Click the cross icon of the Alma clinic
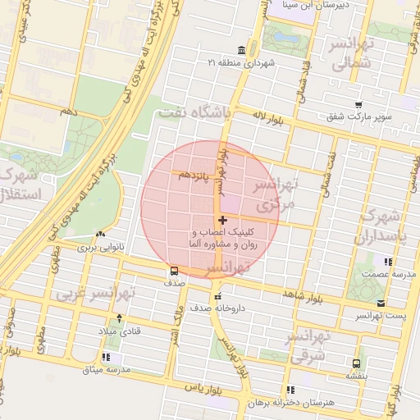click(x=222, y=220)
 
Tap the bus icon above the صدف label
click(x=174, y=272)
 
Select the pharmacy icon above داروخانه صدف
click(x=217, y=297)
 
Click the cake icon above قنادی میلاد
click(x=121, y=317)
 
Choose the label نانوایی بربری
click(x=98, y=245)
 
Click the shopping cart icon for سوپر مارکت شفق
click(x=358, y=104)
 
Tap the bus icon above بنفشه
click(x=356, y=363)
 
